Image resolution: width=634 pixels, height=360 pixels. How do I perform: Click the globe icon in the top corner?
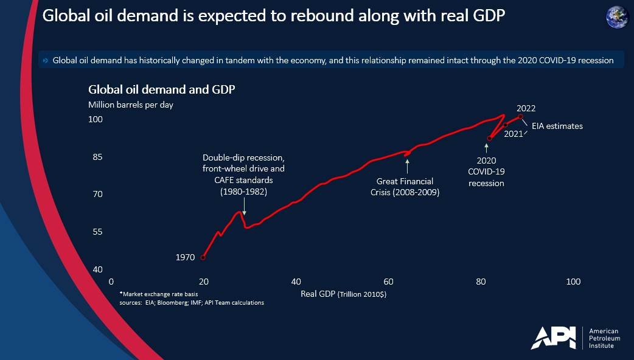617,16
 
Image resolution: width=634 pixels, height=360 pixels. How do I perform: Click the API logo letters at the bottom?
553,338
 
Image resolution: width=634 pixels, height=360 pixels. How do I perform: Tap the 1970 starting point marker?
203,257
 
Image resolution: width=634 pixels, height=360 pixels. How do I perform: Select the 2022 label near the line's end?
526,108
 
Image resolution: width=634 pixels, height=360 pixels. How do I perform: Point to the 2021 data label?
514,134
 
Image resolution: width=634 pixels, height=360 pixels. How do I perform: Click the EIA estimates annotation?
561,126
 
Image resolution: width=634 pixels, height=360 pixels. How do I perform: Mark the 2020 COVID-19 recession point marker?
489,139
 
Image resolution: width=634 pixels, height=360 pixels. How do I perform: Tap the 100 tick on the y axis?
96,120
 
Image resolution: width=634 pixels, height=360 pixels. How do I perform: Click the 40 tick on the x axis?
296,282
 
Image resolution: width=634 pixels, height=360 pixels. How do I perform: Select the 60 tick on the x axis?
388,282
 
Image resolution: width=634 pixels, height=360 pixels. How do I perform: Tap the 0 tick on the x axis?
111,282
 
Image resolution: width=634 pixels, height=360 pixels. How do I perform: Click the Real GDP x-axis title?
344,294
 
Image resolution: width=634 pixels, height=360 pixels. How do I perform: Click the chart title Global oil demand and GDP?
162,89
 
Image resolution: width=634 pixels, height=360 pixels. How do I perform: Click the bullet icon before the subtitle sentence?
46,61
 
